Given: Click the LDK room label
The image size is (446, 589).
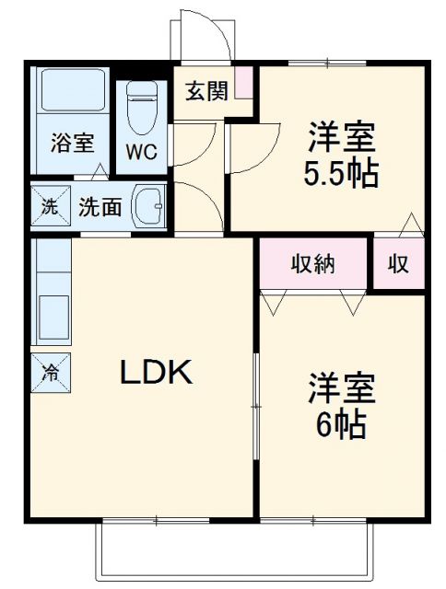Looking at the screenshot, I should click(154, 373).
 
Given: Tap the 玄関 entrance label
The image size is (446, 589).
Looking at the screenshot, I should click(206, 92).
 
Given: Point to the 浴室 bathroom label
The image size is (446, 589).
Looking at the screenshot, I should click(71, 144).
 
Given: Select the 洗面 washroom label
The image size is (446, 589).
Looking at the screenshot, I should click(100, 207).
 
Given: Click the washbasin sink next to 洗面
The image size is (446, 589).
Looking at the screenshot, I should click(147, 206).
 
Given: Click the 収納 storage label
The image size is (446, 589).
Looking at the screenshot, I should click(313, 264).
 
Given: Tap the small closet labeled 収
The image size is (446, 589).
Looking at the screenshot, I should click(398, 264).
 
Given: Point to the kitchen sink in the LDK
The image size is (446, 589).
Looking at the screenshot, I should click(53, 318).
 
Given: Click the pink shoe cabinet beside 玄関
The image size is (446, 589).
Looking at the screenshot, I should click(244, 83).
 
